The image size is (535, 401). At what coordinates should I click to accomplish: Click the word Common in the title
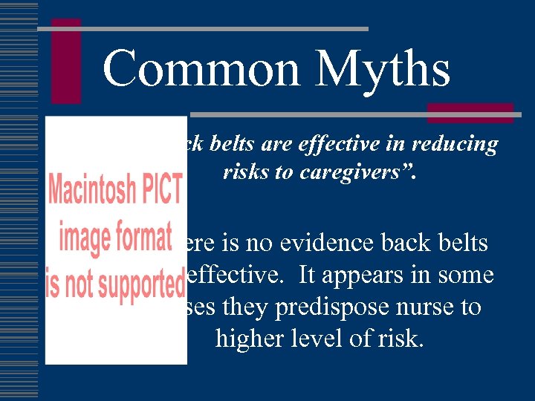pos(203,69)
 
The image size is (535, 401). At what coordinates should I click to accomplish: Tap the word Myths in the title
pos(383,69)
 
